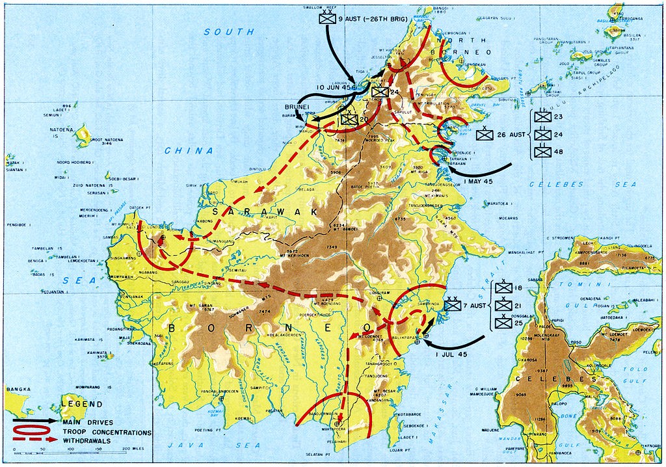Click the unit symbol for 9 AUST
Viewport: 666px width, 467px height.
326,19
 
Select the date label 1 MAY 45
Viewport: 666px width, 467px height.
484,180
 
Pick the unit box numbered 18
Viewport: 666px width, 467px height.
503,288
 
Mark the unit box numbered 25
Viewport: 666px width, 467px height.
503,323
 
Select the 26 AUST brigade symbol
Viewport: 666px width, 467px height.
484,135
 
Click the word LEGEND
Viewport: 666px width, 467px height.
83,404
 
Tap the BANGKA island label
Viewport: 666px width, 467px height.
18,390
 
